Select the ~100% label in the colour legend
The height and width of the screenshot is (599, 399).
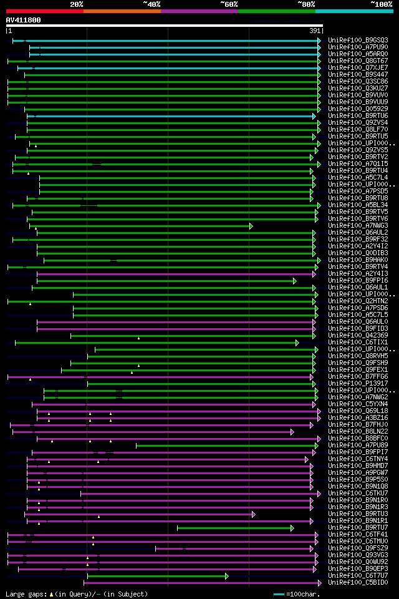pos(381,4)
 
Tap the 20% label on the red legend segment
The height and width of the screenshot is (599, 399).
pos(76,4)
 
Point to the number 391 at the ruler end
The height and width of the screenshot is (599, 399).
pos(315,31)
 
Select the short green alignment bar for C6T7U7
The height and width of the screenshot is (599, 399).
pos(156,576)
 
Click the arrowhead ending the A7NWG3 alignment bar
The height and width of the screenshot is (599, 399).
pos(251,226)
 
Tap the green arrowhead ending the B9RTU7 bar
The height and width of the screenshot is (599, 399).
pos(310,528)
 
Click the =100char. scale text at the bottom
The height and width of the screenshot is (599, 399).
pos(304,594)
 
